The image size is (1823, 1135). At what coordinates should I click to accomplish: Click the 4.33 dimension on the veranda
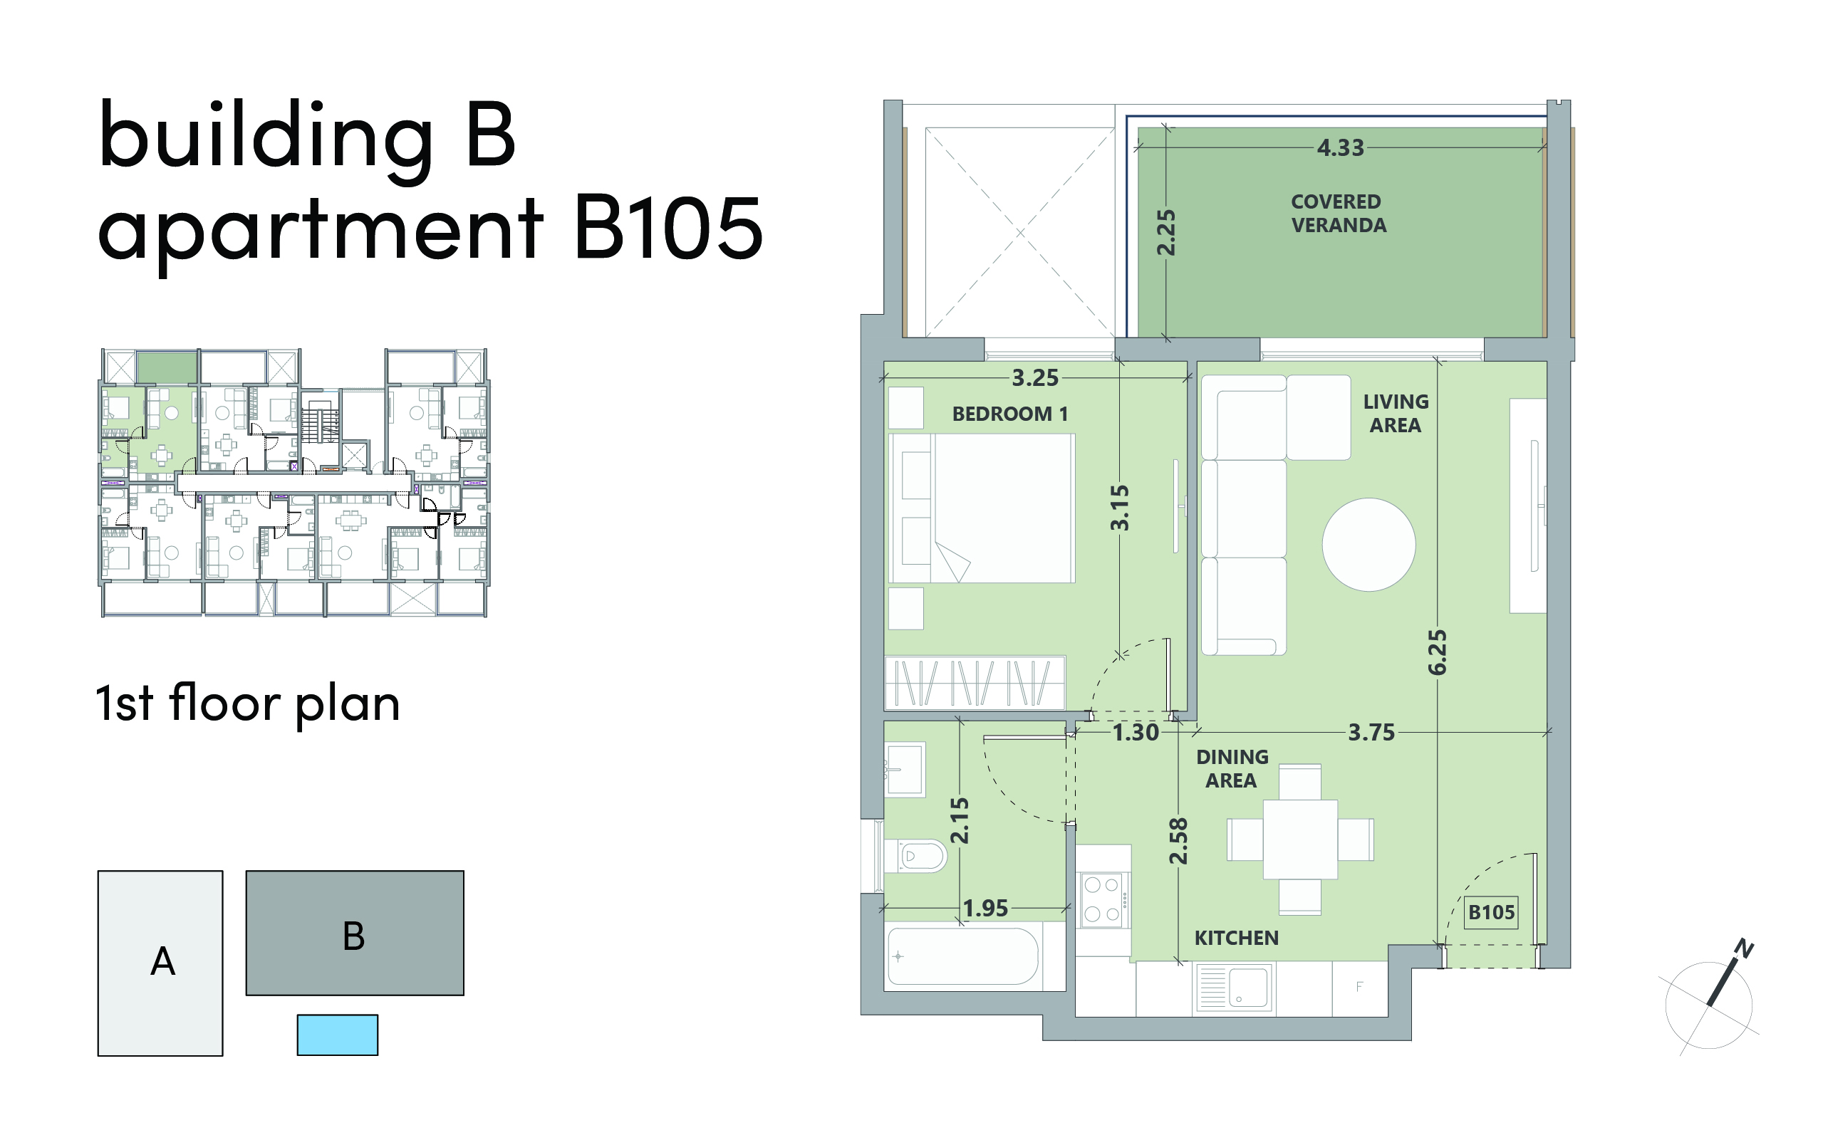1340,148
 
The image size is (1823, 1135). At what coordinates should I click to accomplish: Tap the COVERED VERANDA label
1338,214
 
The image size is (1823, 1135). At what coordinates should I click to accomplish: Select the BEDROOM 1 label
1010,414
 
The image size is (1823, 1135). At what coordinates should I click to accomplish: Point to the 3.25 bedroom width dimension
1034,377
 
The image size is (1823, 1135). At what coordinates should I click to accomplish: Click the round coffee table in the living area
1368,545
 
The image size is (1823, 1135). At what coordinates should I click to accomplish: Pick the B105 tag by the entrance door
1491,912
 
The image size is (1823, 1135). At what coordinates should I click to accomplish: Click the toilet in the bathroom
917,856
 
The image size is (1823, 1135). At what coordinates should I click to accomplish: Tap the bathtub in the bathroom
963,956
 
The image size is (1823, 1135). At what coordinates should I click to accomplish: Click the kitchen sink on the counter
1233,987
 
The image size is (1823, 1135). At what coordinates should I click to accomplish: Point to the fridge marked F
1360,988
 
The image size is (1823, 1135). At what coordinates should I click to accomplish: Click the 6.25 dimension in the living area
1437,652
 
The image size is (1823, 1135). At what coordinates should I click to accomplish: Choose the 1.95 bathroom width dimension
985,909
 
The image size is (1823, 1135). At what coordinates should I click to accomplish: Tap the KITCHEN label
1237,938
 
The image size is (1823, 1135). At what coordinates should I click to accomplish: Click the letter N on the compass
1743,950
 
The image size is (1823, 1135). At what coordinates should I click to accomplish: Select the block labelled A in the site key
160,963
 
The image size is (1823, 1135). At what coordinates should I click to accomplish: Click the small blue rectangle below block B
337,1035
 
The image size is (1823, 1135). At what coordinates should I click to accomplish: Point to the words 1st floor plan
248,704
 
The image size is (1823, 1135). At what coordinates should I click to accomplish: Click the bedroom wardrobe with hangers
975,682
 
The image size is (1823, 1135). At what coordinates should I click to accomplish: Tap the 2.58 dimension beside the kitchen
1179,841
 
